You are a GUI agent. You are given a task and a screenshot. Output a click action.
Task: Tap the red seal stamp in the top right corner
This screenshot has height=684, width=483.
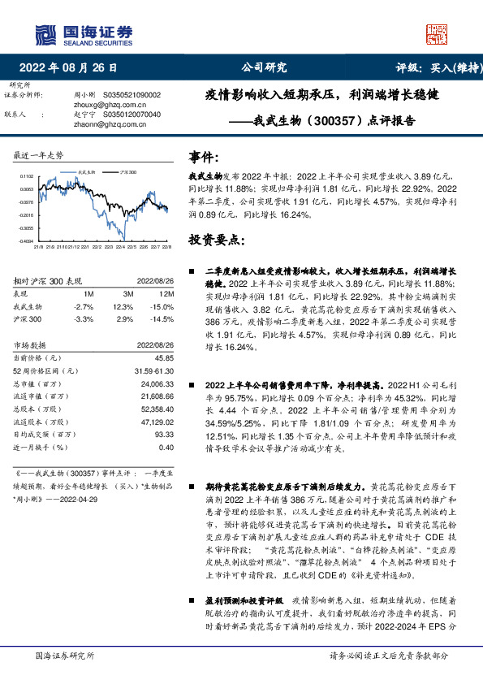[x=436, y=32]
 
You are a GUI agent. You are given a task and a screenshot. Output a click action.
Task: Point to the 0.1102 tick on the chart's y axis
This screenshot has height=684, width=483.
[x=26, y=176]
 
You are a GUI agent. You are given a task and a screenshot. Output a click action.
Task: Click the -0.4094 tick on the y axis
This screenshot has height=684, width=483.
[x=26, y=240]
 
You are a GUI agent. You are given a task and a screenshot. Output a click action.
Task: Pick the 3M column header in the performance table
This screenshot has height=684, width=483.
[x=127, y=292]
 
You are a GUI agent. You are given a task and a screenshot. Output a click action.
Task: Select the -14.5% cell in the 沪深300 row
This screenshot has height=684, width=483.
[x=164, y=319]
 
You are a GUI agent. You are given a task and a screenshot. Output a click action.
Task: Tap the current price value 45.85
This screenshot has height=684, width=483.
[x=165, y=357]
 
